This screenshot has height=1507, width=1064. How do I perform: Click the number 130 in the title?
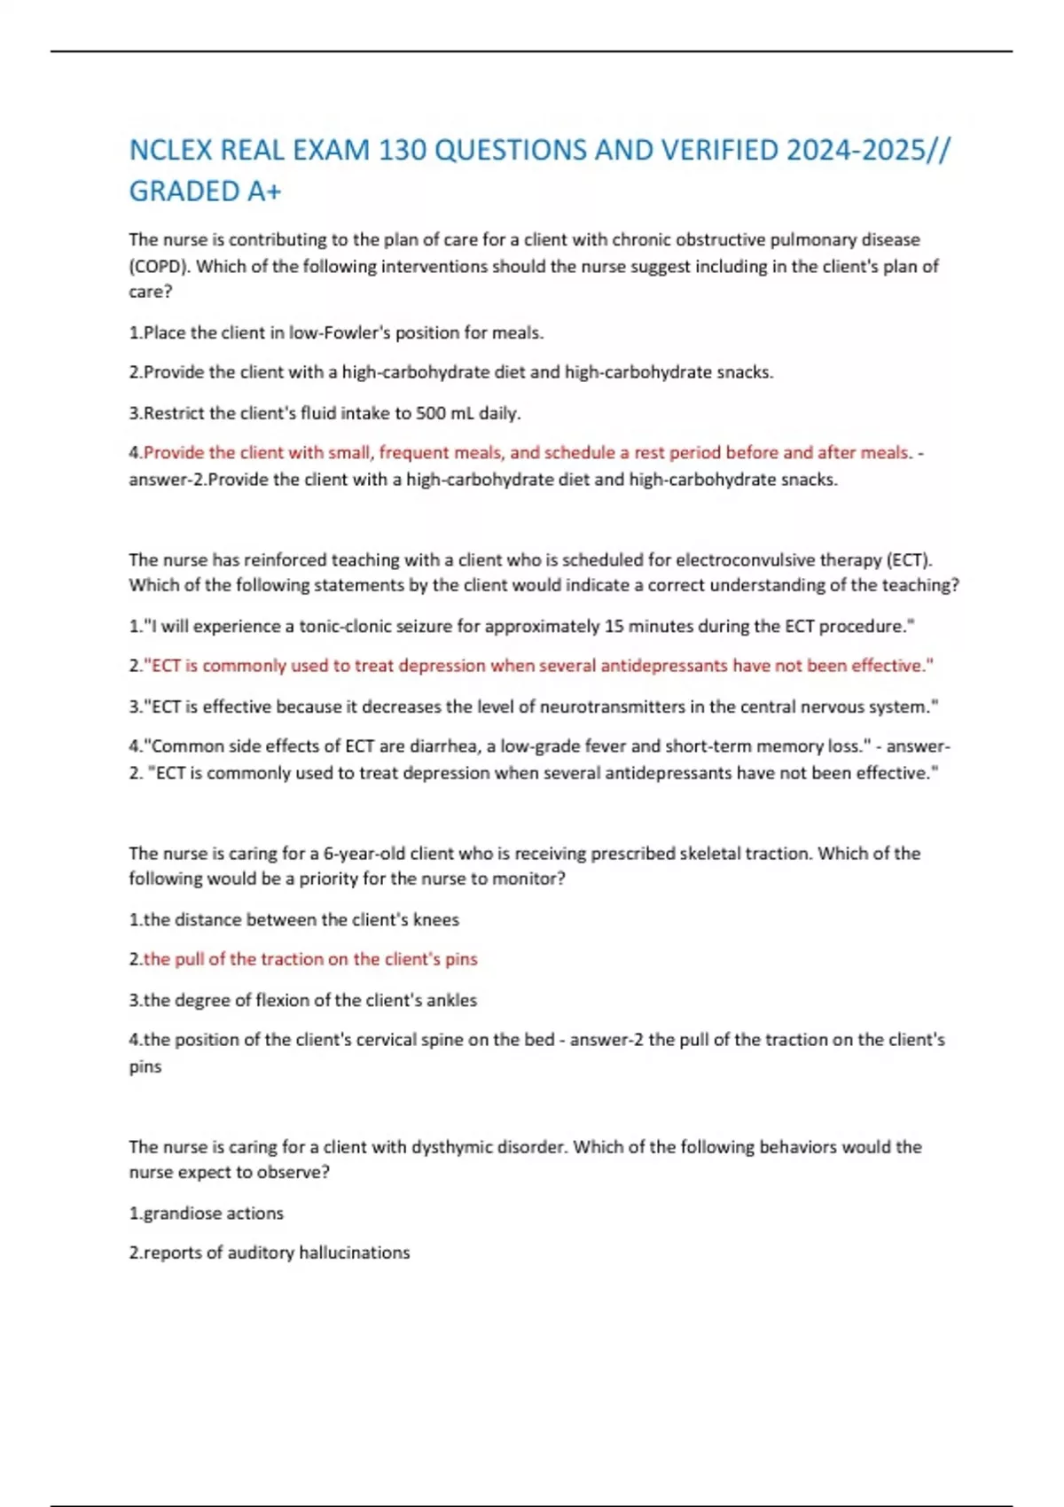coord(403,151)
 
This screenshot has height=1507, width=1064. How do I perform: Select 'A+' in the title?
coord(263,191)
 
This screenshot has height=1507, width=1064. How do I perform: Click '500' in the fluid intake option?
coord(431,413)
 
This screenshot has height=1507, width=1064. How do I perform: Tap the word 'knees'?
coord(436,920)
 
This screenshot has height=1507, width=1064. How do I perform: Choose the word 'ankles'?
coord(452,1001)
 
